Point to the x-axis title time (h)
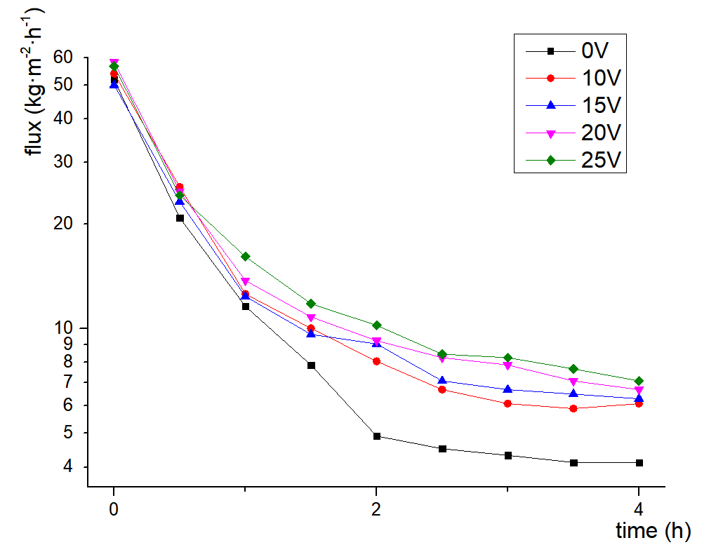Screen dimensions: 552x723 pos(653,531)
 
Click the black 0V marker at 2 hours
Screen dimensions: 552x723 pos(377,436)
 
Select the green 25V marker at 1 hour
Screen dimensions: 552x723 pos(245,257)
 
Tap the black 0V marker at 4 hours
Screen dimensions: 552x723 pos(639,463)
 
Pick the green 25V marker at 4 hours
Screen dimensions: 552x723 pos(639,381)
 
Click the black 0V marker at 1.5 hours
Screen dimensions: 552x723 pos(311,365)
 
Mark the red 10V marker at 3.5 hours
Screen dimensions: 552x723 pos(573,408)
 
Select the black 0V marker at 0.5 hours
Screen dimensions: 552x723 pos(180,218)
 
